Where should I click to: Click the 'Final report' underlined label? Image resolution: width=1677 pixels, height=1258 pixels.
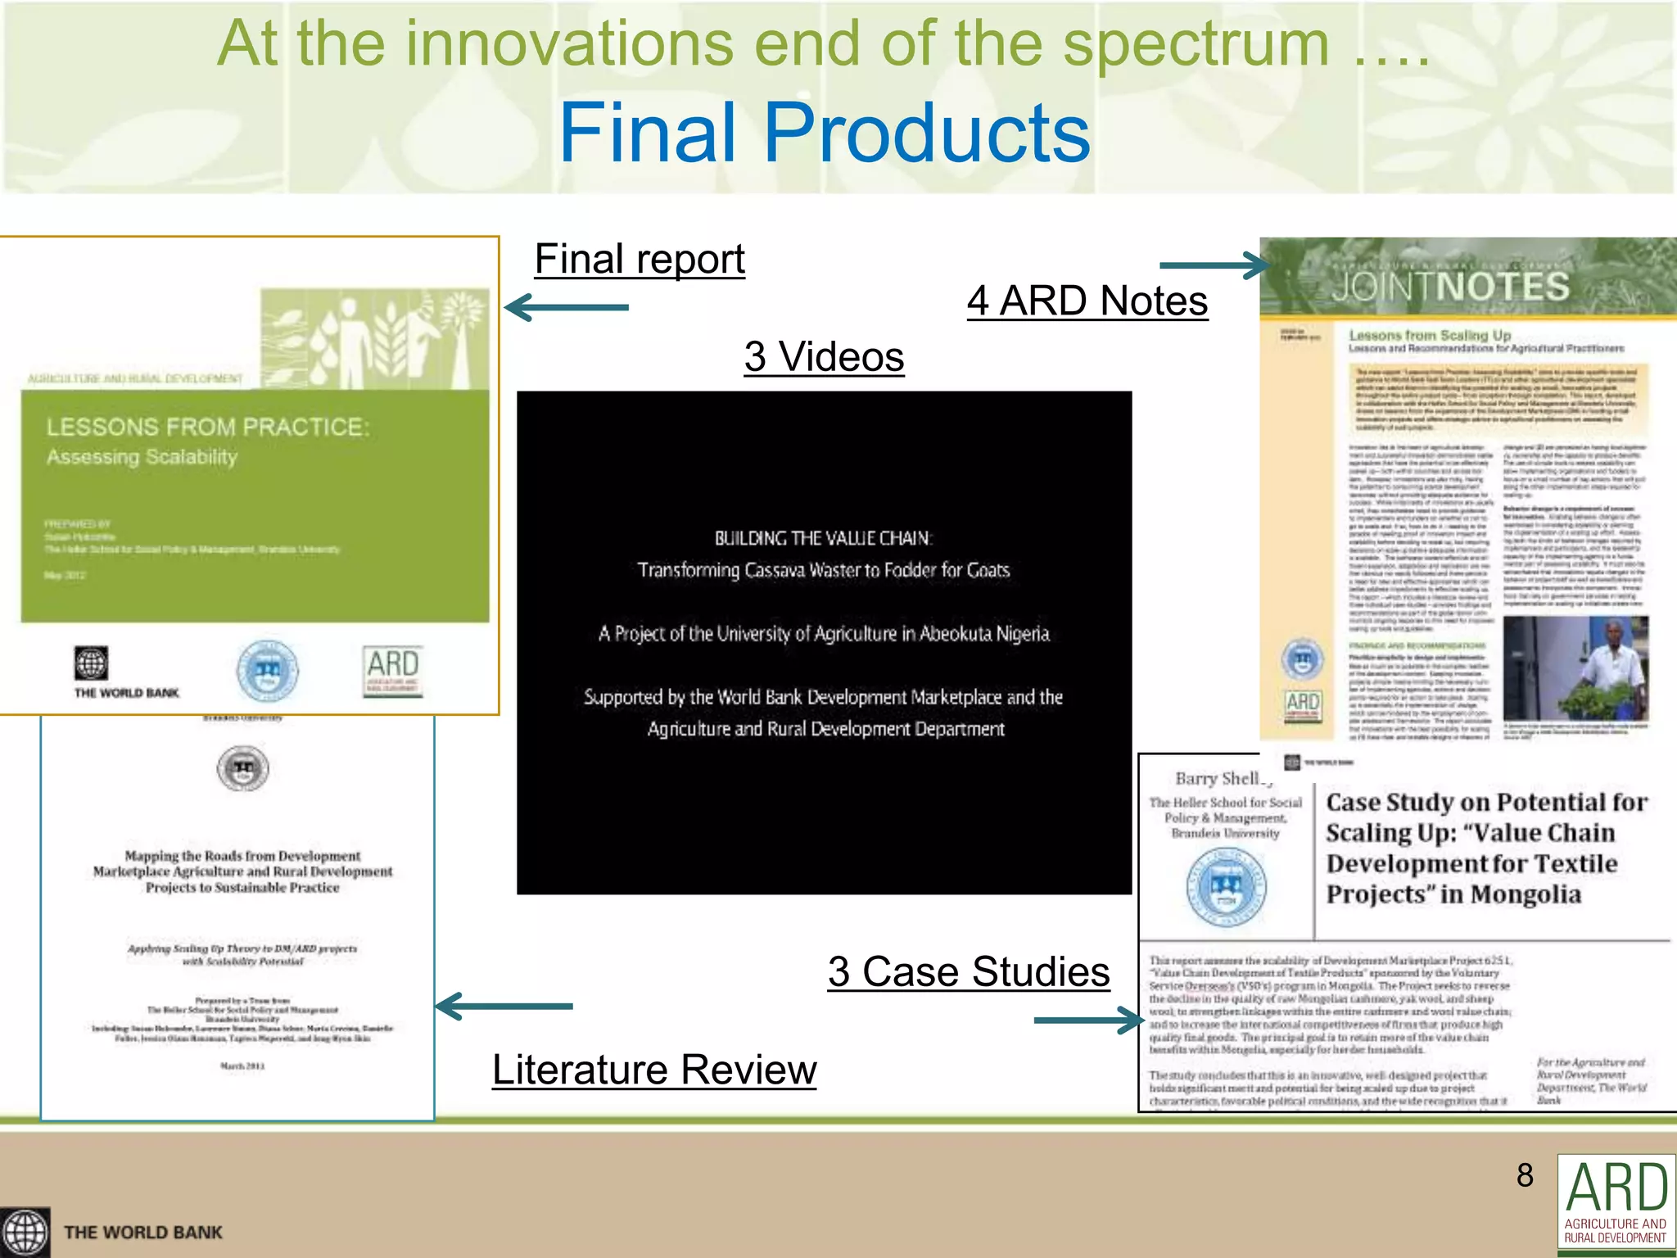click(x=640, y=260)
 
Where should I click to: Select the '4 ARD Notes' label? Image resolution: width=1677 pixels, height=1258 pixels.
click(x=1087, y=301)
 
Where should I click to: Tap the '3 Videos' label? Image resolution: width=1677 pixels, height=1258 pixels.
click(x=824, y=356)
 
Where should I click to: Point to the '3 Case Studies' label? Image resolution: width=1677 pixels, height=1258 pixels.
click(x=969, y=972)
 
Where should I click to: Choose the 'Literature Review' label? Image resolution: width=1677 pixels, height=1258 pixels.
click(x=654, y=1070)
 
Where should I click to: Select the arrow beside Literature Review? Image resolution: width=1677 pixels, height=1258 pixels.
click(x=504, y=1007)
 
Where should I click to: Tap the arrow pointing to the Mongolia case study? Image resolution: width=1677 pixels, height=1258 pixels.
click(x=1089, y=1020)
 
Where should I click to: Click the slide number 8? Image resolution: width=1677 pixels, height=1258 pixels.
click(x=1525, y=1175)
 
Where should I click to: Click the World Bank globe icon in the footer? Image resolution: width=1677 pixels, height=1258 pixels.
click(x=25, y=1233)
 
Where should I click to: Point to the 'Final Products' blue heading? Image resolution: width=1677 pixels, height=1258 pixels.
click(x=825, y=133)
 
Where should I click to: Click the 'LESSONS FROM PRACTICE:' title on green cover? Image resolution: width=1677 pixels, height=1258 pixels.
click(x=208, y=427)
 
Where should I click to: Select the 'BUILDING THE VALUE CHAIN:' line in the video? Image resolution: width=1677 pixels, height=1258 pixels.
click(x=823, y=538)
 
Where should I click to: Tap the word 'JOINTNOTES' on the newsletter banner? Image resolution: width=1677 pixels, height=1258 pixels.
click(x=1450, y=287)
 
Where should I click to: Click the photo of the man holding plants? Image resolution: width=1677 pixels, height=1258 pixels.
click(x=1575, y=668)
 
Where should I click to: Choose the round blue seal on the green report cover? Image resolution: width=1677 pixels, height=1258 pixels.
click(x=267, y=671)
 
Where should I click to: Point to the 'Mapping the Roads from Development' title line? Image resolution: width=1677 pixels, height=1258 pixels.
click(x=242, y=856)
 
